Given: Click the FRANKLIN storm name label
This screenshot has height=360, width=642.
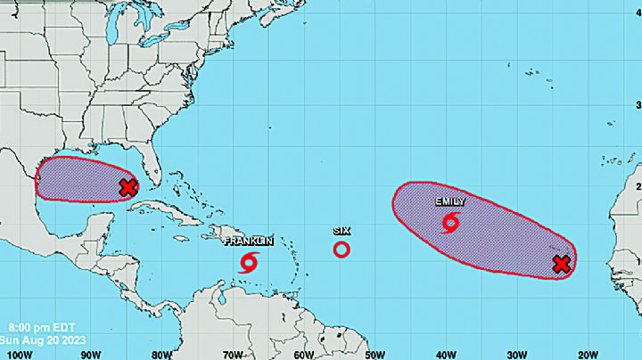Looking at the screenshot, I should (x=248, y=241).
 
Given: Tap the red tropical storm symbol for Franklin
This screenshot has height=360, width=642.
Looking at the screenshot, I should (x=250, y=262).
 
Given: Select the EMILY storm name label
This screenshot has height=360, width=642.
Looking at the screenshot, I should (x=449, y=201).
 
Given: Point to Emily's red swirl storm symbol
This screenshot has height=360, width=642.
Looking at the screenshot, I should (x=450, y=222).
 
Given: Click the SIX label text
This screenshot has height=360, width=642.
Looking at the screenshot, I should (x=341, y=230).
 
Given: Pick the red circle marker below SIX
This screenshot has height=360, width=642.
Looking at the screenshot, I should (x=341, y=250).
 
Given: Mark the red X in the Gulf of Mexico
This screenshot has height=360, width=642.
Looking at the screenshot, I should (x=128, y=187).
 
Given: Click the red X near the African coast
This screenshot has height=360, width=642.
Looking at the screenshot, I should (x=561, y=264).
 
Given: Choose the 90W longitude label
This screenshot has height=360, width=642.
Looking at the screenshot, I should (x=90, y=354).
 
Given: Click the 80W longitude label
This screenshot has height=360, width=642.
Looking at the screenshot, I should (x=161, y=354).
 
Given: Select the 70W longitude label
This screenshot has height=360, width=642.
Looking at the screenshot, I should (x=233, y=354).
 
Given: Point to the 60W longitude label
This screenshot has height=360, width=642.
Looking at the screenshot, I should (x=304, y=354).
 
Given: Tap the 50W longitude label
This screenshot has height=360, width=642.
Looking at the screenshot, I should (x=375, y=354).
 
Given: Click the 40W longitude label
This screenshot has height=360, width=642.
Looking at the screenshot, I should (x=447, y=354).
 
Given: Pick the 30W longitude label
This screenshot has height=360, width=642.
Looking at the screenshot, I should (x=518, y=354).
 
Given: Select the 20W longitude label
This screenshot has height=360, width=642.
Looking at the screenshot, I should (x=589, y=354).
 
